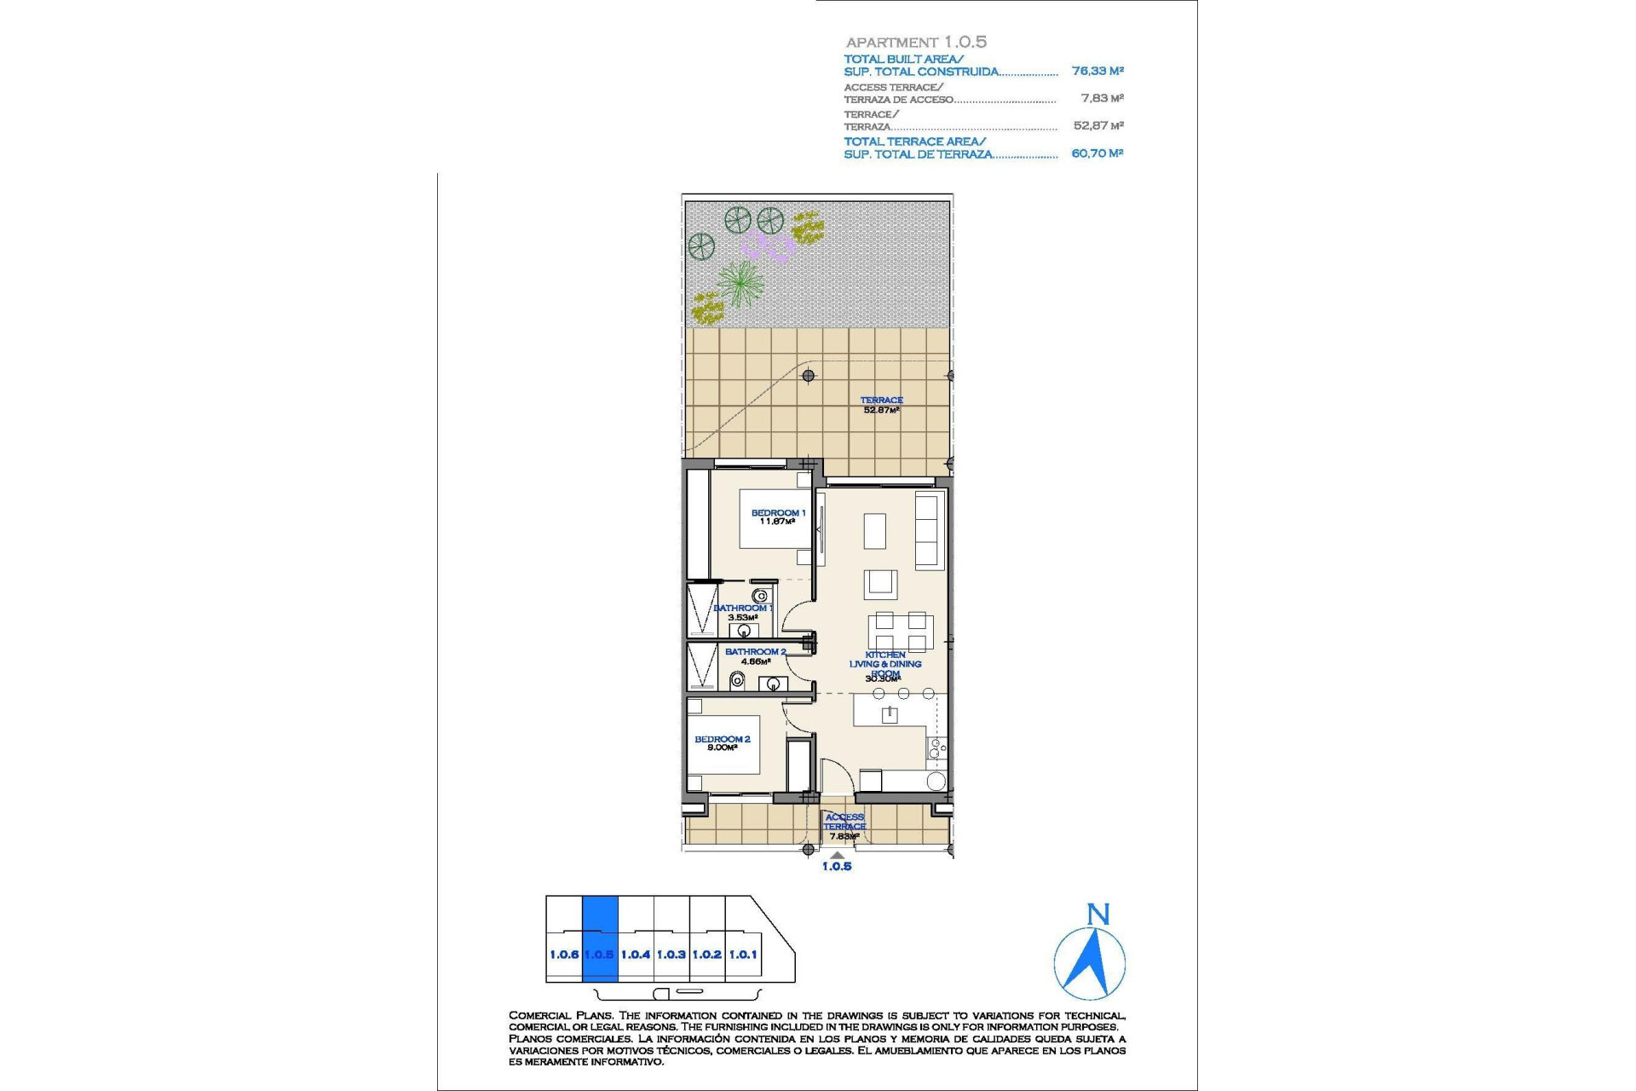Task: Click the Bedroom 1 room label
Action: [x=777, y=517]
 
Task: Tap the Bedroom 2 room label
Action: [x=722, y=742]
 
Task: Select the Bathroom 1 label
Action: [x=742, y=612]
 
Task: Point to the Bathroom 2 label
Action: [x=755, y=655]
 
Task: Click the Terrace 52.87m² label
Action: [x=881, y=405]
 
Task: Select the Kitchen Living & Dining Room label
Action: [x=884, y=666]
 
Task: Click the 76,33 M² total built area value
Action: [x=1097, y=72]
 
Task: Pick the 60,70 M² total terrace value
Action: [x=1097, y=153]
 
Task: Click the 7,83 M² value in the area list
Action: [x=1102, y=99]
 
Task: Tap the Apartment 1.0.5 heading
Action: [x=916, y=42]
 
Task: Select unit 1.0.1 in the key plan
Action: [x=743, y=955]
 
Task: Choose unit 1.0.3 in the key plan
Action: [x=671, y=955]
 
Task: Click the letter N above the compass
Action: [x=1098, y=915]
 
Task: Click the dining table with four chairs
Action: [x=901, y=632]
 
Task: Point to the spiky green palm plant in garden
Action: [x=740, y=282]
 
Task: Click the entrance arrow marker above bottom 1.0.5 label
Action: [x=838, y=855]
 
